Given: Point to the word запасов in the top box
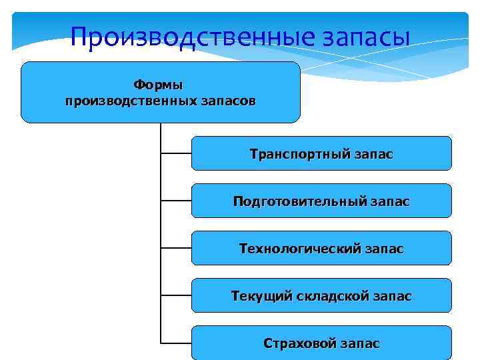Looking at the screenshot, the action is coord(227,101).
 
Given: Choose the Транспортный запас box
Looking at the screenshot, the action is coord(321,154).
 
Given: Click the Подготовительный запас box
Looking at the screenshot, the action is coord(321,201).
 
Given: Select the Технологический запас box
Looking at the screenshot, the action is coord(321,249).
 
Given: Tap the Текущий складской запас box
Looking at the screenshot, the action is coord(321,296).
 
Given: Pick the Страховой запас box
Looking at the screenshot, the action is coord(321,343).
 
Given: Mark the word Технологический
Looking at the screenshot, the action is coord(300,249).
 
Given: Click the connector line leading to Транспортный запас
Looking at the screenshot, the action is coord(176,153).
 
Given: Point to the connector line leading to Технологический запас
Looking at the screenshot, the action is coord(176,248).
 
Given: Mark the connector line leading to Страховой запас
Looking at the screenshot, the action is coord(176,343).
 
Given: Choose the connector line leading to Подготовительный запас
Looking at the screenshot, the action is coord(176,201).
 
